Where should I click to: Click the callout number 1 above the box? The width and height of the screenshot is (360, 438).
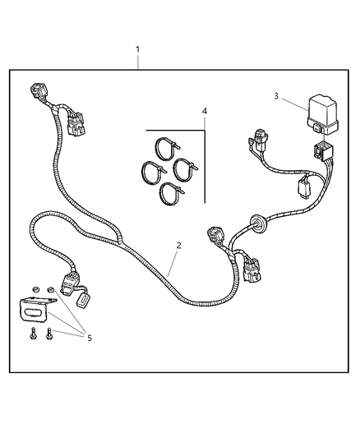[x=137, y=49]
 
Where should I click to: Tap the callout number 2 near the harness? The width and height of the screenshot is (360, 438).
[x=178, y=245]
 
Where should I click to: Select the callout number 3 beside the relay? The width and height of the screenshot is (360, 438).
[x=277, y=96]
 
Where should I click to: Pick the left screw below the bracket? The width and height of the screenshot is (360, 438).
[x=34, y=335]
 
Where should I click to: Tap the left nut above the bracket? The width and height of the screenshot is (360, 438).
[x=35, y=289]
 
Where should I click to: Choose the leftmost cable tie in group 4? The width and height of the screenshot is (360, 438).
[x=154, y=172]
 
